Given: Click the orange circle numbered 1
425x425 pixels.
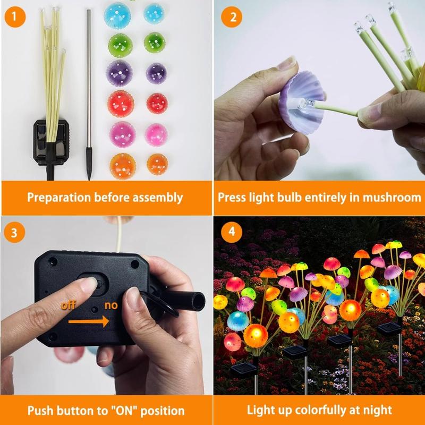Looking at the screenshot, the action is (x=15, y=17).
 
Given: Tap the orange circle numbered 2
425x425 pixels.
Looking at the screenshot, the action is (x=232, y=17).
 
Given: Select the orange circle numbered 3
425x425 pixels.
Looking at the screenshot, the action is (x=14, y=232).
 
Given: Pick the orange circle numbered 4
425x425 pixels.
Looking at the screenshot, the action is (x=232, y=232).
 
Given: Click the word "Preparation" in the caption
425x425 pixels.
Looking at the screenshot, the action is (x=59, y=198).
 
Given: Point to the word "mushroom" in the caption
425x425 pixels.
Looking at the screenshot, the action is (x=392, y=197).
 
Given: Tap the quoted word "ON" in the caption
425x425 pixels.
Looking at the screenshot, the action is (x=126, y=410).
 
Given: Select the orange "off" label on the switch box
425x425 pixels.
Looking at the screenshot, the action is (x=68, y=305).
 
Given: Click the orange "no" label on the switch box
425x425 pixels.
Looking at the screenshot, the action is (x=111, y=305).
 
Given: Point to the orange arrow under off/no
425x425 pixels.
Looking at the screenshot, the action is (x=88, y=321).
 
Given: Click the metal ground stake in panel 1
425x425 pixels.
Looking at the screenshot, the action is (x=89, y=95).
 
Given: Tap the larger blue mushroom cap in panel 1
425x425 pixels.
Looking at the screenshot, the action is (x=117, y=16).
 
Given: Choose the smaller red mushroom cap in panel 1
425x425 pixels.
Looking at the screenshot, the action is (x=157, y=104).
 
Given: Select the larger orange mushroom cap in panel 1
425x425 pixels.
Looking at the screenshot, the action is (x=123, y=166).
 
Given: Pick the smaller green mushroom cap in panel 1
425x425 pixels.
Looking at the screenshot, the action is (x=155, y=42).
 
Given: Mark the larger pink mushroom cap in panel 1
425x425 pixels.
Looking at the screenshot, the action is (x=123, y=135).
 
